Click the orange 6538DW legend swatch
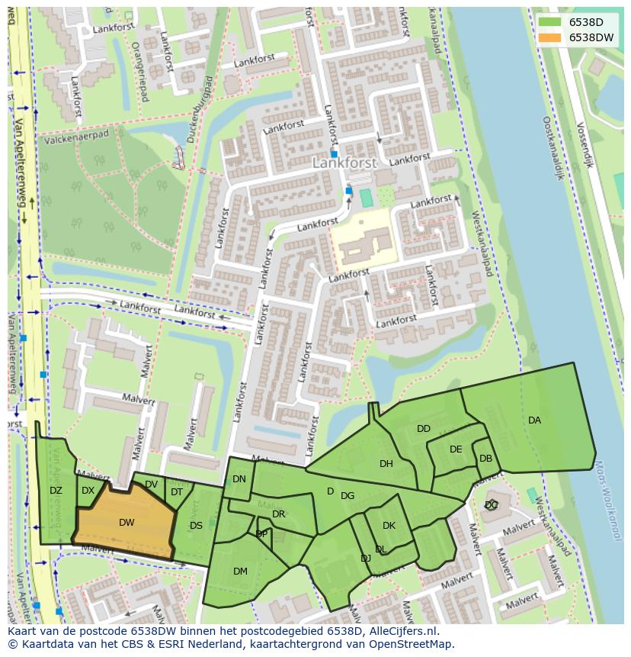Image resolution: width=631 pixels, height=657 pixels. click(550, 37)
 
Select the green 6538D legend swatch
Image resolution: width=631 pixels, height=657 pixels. click(550, 22)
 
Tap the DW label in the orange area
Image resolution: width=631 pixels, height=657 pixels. click(127, 523)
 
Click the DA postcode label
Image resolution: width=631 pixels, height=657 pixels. click(534, 420)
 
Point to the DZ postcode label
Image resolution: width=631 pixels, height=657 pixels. click(56, 491)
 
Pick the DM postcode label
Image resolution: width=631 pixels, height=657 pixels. click(240, 571)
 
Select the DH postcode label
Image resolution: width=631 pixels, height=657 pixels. click(386, 464)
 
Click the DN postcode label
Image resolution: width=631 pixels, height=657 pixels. click(239, 479)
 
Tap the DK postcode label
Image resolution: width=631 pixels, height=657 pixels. click(389, 526)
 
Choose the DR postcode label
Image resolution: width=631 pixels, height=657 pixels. click(278, 514)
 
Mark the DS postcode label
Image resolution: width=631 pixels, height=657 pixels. click(196, 525)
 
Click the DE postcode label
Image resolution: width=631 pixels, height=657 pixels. click(456, 449)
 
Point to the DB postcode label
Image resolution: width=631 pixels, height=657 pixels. click(485, 459)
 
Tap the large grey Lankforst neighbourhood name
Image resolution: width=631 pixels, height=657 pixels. click(344, 163)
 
